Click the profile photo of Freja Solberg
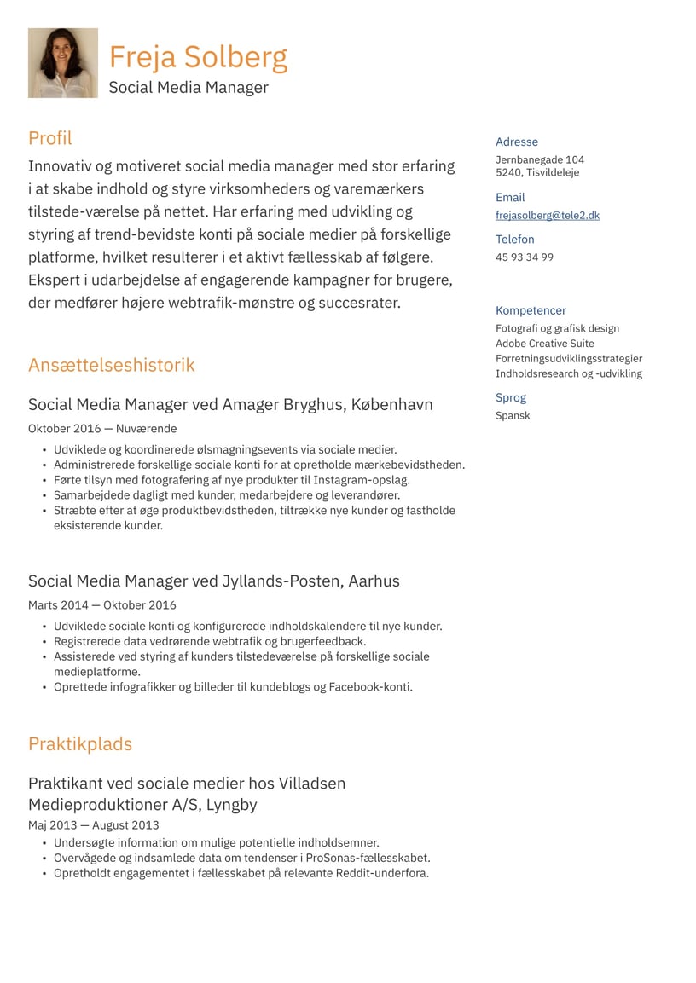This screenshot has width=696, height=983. (x=62, y=63)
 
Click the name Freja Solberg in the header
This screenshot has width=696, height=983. (x=198, y=57)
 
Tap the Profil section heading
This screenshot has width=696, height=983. (x=49, y=138)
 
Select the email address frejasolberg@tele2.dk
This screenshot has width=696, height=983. (x=547, y=216)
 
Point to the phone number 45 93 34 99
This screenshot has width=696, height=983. (x=524, y=257)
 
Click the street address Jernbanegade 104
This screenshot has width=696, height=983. (x=539, y=159)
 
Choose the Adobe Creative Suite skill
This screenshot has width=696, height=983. (x=544, y=344)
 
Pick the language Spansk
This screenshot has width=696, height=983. (x=513, y=415)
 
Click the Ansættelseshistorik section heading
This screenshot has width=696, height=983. (x=111, y=365)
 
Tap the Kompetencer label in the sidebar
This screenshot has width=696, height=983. (x=531, y=310)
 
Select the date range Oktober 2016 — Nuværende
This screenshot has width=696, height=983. (x=102, y=429)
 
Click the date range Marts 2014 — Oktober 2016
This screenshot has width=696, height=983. (x=102, y=605)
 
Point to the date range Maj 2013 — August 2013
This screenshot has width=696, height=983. (x=93, y=824)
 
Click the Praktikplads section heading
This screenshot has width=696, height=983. (x=79, y=743)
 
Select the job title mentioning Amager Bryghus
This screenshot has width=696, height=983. (x=230, y=404)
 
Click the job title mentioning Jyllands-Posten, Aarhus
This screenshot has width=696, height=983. (x=213, y=581)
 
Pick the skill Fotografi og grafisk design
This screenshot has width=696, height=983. (x=557, y=328)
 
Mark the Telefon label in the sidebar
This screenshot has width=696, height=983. (x=514, y=240)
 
